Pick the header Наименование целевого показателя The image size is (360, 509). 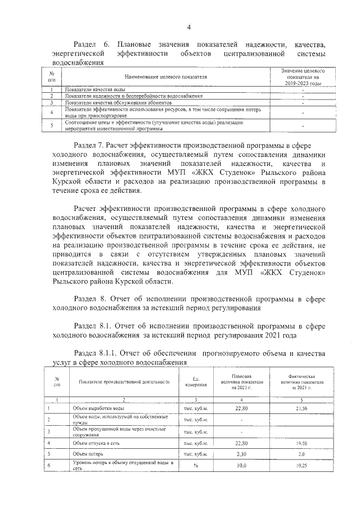coord(163,76)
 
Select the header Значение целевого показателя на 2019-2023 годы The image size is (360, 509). coord(303,76)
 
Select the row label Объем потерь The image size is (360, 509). coord(85,454)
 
